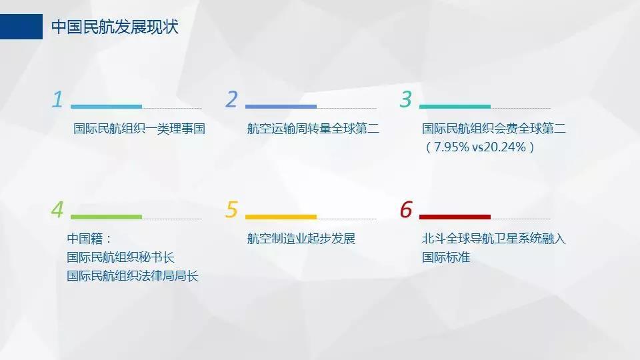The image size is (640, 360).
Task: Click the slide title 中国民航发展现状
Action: click(x=115, y=27)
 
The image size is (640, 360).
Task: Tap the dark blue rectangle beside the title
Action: click(x=21, y=27)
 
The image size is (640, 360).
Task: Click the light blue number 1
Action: click(x=57, y=99)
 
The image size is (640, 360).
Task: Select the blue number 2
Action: click(x=231, y=99)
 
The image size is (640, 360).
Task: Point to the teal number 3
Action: click(x=406, y=99)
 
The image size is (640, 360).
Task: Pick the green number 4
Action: click(x=57, y=209)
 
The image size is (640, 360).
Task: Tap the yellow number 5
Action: click(x=231, y=209)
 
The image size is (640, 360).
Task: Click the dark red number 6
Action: click(x=406, y=209)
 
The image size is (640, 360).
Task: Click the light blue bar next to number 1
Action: click(x=106, y=107)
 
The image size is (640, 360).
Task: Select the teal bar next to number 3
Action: click(x=455, y=107)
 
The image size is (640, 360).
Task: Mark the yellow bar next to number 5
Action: click(x=281, y=217)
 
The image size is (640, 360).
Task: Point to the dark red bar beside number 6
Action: click(x=455, y=217)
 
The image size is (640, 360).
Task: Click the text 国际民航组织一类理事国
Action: click(x=139, y=129)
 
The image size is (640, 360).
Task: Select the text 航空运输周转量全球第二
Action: click(x=313, y=129)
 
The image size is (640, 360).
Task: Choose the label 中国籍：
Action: click(x=89, y=239)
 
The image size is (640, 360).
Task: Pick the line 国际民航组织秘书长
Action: click(x=121, y=257)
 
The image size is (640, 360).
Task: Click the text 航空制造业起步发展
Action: click(x=301, y=239)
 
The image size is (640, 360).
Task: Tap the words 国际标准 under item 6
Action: click(x=446, y=257)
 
